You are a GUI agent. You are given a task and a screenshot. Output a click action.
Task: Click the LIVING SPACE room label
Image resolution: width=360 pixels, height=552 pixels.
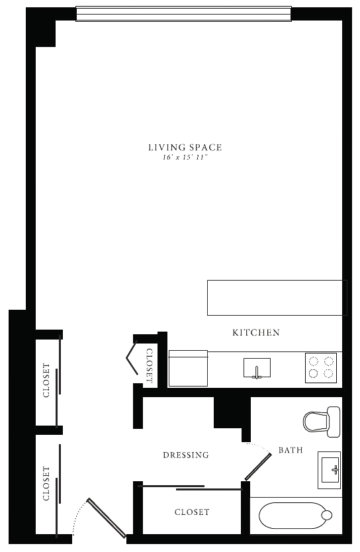185,147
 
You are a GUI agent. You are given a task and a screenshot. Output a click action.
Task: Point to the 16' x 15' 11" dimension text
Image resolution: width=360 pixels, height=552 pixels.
185,158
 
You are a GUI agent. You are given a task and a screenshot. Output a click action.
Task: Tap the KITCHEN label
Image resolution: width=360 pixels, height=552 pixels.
256,332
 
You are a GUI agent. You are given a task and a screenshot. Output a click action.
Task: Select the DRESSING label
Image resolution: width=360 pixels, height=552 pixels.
186,455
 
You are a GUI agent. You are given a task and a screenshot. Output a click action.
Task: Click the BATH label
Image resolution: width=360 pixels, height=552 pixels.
291,449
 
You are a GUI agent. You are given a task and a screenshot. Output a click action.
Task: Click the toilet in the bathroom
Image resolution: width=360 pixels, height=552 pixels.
322,422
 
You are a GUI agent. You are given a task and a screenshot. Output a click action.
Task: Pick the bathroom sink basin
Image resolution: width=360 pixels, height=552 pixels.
330,471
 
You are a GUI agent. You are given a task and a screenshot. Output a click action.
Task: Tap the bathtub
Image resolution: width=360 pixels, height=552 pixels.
296,516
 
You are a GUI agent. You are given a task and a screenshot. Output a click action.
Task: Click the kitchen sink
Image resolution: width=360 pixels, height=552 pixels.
257,368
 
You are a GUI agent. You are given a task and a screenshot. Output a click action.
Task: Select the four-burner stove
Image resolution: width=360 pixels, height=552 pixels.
321,367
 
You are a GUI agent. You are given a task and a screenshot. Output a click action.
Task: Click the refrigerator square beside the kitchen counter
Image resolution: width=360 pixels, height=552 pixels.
188,368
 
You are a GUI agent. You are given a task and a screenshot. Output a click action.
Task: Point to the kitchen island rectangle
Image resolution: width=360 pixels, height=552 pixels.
277,297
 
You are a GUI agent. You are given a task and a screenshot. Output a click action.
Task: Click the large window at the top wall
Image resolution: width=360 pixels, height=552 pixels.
184,14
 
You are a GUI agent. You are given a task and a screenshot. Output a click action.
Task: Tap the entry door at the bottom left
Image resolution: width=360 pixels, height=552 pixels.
107,518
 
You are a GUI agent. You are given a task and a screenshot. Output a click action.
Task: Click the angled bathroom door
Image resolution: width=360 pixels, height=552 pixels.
258,467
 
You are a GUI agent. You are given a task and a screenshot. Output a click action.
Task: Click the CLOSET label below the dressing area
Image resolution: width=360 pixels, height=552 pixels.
192,512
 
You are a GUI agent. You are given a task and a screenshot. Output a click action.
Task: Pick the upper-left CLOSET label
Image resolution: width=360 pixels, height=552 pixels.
46,380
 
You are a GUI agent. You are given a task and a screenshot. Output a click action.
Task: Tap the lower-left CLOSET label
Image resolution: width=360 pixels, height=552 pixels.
46,483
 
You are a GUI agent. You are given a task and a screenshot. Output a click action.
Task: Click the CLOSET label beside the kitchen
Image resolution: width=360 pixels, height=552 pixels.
149,366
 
